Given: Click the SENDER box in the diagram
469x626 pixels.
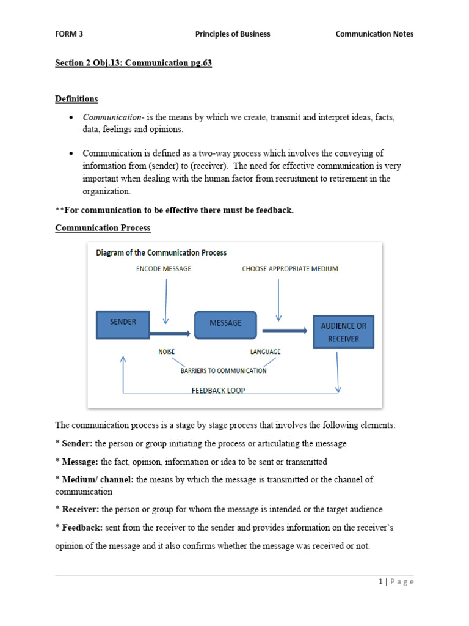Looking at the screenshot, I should click(x=123, y=325).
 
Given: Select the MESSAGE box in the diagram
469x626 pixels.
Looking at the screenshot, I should click(x=225, y=325).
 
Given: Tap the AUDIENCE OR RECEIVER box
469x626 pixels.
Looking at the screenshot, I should click(x=343, y=332).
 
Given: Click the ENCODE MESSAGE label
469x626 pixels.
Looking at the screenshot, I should click(x=164, y=268).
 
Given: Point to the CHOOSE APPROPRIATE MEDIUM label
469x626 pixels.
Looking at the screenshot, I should click(x=290, y=268).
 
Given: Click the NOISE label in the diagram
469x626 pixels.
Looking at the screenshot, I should click(x=167, y=352).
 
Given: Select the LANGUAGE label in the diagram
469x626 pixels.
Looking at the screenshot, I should click(x=266, y=352).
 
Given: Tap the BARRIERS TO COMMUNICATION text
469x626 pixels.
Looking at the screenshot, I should click(x=224, y=370).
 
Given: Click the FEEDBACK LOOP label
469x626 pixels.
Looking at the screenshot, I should click(x=218, y=390).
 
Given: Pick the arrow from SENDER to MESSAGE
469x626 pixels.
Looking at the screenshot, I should click(x=170, y=333).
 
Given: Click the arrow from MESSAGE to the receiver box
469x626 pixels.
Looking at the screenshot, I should click(x=285, y=331).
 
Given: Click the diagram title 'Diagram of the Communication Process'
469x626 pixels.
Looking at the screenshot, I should click(x=161, y=252).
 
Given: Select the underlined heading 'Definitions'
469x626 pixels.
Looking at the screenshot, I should click(x=76, y=98).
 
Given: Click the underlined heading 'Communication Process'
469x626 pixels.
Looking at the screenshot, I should click(x=103, y=227).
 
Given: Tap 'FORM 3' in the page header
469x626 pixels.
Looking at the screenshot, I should click(x=69, y=34).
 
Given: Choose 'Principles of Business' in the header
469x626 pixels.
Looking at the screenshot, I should click(x=233, y=34).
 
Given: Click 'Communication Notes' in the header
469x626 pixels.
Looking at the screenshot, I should click(x=374, y=34).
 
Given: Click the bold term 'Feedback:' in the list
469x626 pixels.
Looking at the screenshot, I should click(x=82, y=527).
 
